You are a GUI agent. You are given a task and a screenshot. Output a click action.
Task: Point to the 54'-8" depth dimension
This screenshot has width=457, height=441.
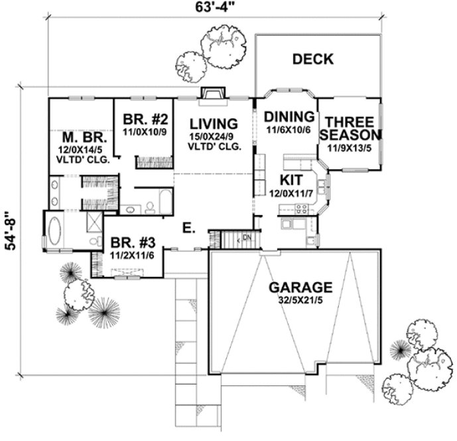tap(9, 231)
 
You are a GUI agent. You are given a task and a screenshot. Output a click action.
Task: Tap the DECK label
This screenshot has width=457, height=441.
tap(312, 60)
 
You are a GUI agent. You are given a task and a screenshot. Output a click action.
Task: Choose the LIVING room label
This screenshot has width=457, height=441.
tap(213, 124)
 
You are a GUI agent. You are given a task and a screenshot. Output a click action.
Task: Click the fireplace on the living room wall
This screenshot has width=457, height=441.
tap(212, 96)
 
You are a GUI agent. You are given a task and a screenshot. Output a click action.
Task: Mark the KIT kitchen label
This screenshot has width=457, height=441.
tap(291, 180)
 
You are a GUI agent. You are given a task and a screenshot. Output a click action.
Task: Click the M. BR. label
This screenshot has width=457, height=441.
tap(80, 137)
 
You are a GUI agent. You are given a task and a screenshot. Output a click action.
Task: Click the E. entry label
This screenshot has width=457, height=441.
tap(188, 229)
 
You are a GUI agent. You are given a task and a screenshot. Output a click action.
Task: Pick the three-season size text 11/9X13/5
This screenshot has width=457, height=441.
tap(351, 147)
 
